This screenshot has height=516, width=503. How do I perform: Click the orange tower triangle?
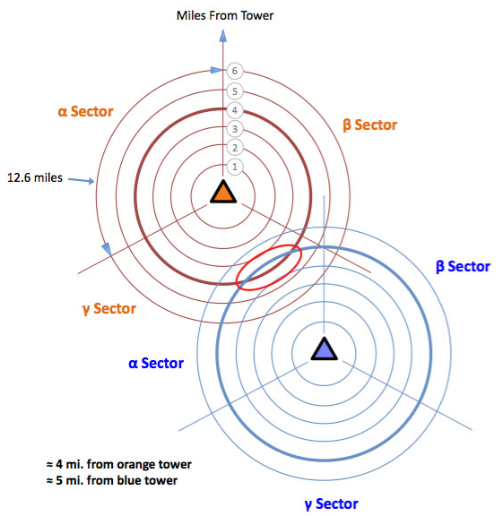[223, 192]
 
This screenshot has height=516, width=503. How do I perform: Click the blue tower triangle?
[325, 349]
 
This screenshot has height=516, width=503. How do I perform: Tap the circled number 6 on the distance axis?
[235, 71]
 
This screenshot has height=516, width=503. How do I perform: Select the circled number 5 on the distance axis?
[235, 91]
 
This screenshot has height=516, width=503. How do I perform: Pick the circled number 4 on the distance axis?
[235, 110]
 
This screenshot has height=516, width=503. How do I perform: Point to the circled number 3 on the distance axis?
[235, 129]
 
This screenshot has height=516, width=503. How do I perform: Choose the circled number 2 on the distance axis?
[235, 148]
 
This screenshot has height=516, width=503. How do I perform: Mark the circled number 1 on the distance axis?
[235, 167]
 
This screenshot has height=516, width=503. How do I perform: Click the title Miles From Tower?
[225, 15]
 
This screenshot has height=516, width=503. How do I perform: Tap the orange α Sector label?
[85, 112]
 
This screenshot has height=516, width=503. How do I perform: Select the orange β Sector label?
[370, 125]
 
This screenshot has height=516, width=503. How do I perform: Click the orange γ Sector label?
[109, 309]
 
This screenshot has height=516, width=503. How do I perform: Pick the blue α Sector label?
[156, 364]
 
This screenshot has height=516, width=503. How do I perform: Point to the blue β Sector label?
[463, 267]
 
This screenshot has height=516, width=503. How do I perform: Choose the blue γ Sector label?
[331, 504]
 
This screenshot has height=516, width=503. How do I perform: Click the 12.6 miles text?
[35, 177]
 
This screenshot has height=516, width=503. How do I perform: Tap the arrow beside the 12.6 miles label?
[82, 180]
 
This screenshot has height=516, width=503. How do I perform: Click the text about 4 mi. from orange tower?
[119, 464]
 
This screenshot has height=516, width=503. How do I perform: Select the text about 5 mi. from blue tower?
[112, 480]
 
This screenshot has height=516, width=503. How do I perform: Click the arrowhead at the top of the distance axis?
[223, 36]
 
